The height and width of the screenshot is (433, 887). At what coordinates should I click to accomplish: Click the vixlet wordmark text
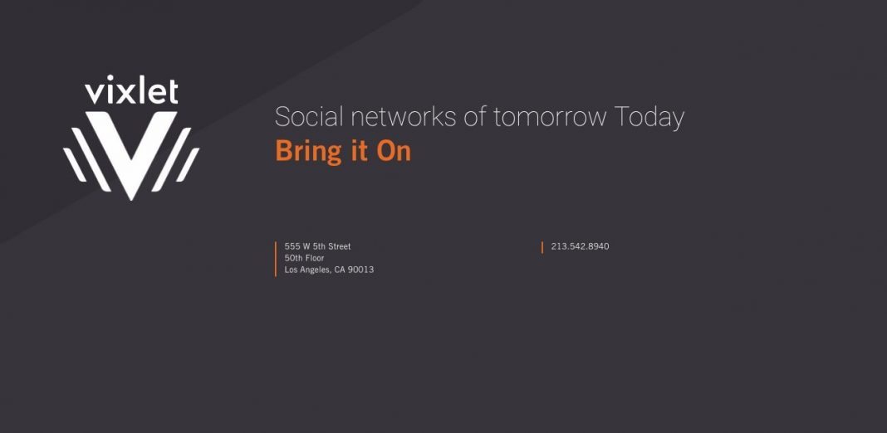(131, 90)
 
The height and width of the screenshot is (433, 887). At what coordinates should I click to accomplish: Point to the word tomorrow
(550, 117)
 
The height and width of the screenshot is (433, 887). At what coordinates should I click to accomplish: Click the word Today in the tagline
(649, 118)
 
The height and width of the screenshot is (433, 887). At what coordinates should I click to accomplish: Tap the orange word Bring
(309, 152)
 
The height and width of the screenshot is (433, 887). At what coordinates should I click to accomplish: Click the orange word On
(394, 152)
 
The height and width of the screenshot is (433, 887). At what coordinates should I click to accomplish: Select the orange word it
(360, 152)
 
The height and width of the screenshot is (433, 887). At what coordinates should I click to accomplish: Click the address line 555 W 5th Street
(317, 246)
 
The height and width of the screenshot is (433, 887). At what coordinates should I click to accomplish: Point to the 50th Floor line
(304, 258)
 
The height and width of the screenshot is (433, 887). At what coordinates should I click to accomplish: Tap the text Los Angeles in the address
(308, 270)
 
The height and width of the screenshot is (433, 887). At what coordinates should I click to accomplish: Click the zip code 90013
(360, 270)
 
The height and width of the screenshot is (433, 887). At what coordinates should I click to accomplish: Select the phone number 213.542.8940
(580, 246)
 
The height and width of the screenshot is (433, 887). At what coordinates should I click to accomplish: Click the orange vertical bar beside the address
(276, 259)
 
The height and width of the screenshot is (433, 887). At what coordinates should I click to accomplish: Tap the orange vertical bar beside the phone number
(542, 247)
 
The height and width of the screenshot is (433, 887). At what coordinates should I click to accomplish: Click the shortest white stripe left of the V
(74, 164)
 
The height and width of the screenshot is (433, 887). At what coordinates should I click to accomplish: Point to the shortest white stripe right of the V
(188, 164)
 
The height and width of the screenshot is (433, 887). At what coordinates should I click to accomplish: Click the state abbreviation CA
(340, 270)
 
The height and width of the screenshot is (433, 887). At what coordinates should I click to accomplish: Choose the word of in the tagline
(474, 116)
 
